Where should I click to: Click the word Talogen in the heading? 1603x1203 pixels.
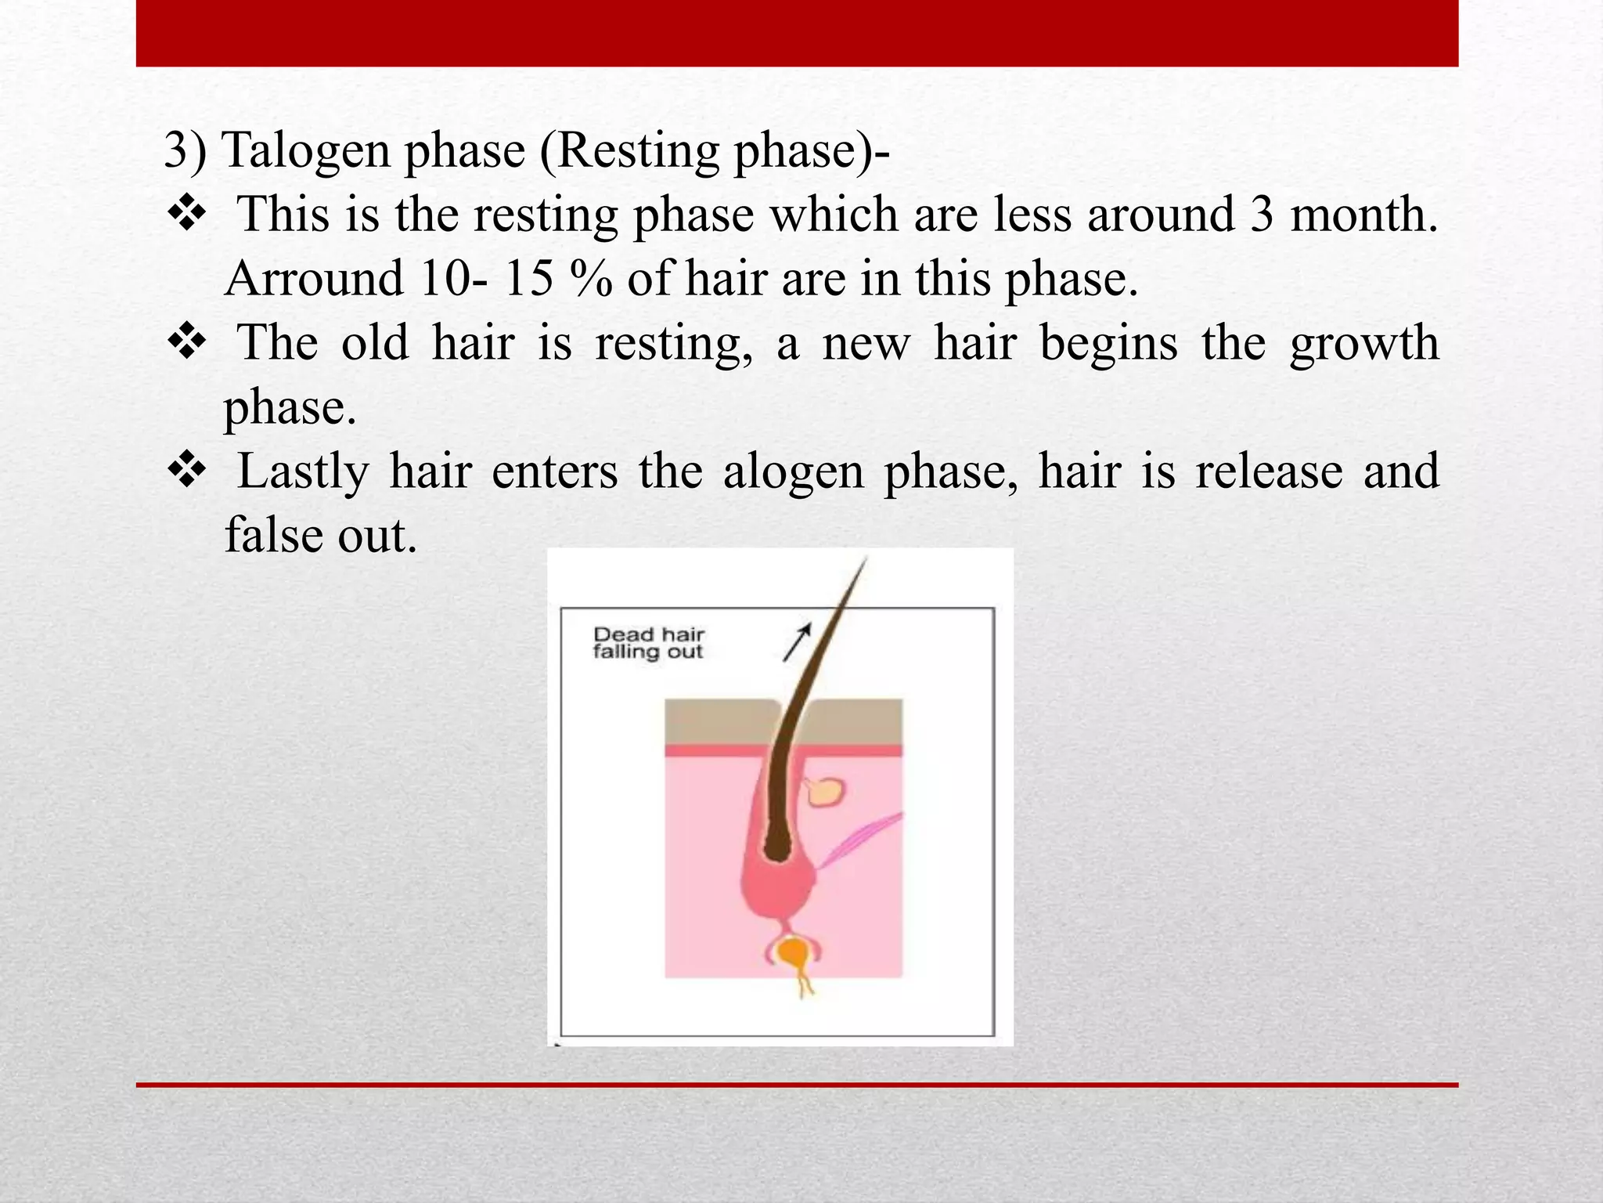(x=306, y=150)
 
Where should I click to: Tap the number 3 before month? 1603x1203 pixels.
(x=1261, y=215)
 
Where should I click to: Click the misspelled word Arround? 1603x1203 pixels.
(x=313, y=279)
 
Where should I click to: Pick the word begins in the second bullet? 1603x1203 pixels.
(x=1108, y=344)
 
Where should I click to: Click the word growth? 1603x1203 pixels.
(x=1363, y=344)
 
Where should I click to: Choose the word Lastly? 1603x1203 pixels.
(x=303, y=472)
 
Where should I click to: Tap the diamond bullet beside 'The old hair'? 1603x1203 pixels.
(x=187, y=343)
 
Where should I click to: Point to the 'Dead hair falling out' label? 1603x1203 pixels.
(x=648, y=643)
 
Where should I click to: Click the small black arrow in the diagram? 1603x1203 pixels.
(x=798, y=642)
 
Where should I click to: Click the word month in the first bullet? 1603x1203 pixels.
(x=1363, y=215)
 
